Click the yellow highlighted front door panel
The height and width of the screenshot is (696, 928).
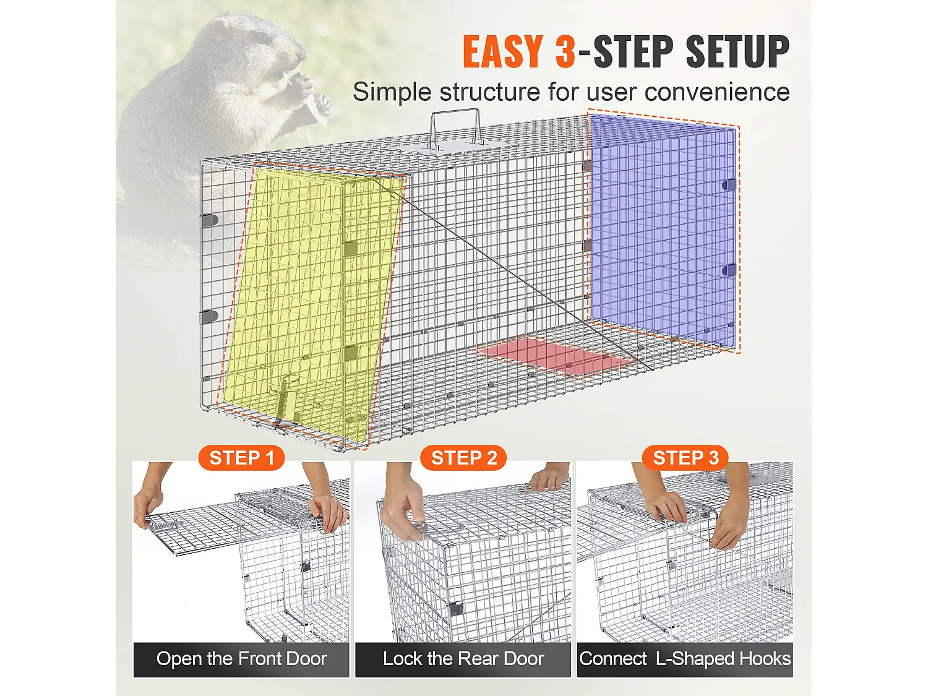point(309,297)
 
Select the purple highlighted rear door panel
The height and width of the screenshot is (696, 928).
point(662,229)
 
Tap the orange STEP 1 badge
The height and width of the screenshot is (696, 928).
point(241,458)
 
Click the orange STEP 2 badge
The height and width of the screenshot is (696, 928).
point(463,458)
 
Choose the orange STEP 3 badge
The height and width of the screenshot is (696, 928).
point(685,458)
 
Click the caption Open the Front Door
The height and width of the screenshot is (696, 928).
point(241,659)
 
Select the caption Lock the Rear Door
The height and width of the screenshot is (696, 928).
point(463,659)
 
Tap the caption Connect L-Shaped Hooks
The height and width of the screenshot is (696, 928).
point(685,659)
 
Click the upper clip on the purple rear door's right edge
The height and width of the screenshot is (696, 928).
point(729,184)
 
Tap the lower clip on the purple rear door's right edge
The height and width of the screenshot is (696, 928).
point(729,270)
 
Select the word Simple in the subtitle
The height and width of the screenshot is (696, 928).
point(392,92)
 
